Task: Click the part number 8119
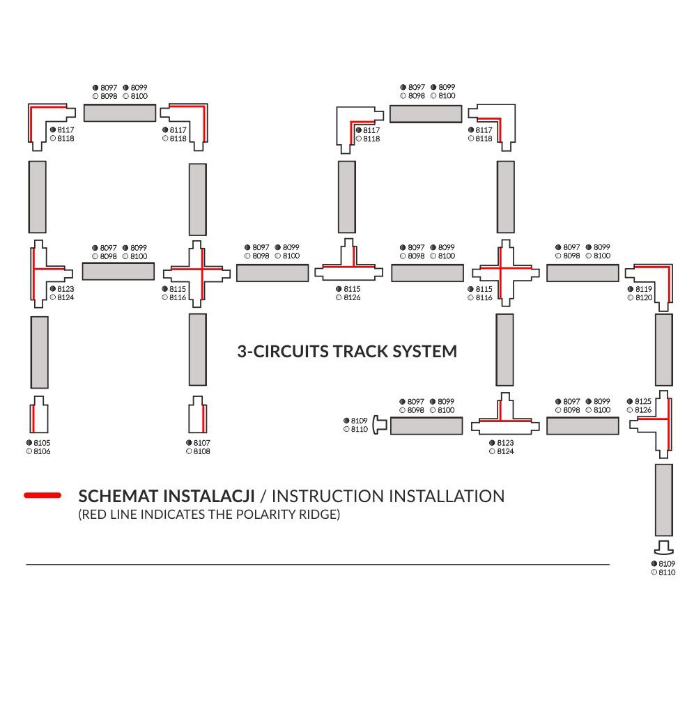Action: (643, 288)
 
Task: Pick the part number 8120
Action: (643, 297)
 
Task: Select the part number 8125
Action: (643, 401)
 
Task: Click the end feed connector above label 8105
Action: (40, 416)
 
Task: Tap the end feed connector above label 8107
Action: (197, 416)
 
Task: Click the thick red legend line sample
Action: (43, 496)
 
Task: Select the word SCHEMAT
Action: (118, 497)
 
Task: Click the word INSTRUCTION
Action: (327, 497)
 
